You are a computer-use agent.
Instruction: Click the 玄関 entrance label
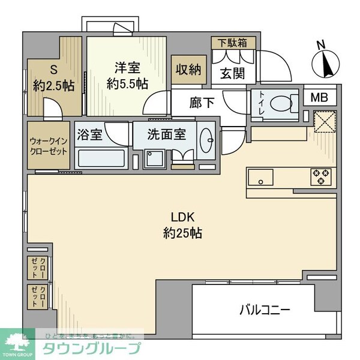click(231, 73)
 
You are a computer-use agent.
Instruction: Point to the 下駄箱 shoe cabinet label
click(233, 43)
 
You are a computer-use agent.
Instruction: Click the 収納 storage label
click(187, 68)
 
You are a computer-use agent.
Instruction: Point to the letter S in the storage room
click(53, 69)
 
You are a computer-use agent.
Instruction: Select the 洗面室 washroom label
click(168, 133)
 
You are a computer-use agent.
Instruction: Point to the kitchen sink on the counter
click(260, 177)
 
